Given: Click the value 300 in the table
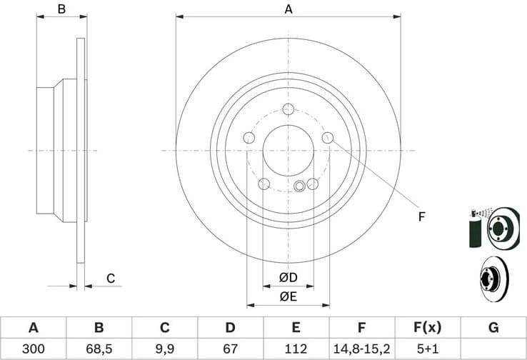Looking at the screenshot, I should point(33,349).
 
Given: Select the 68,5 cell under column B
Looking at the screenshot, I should point(99,349).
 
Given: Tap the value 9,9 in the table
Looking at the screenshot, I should point(164,349).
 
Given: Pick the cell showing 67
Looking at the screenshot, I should point(230,349).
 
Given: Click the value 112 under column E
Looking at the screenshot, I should point(296,349).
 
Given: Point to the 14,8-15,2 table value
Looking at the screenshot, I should point(361,349).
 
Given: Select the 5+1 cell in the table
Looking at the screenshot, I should point(427,349).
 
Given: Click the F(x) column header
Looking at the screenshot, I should point(427,328).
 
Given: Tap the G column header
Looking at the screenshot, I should point(493,328).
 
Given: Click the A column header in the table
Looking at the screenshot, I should point(33,328).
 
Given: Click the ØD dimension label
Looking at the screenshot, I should point(288,277).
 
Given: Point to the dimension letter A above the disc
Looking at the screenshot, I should point(288,9).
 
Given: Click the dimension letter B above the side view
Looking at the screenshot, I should point(61,9).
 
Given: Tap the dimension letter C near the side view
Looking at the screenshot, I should point(111,278).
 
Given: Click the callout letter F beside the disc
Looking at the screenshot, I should point(421,216).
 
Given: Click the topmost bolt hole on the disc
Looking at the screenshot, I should point(288,109).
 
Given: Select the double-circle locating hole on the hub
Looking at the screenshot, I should point(300,186).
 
